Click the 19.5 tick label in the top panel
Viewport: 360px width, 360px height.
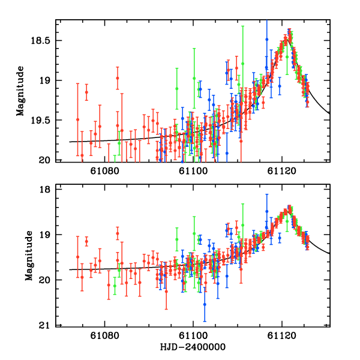44,120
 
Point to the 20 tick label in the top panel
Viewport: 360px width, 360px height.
47,160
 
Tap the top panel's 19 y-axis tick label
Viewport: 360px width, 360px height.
47,80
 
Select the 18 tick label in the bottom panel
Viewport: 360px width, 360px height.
47,190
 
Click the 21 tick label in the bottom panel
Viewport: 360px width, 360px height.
47,325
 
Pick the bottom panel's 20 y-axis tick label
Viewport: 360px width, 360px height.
47,280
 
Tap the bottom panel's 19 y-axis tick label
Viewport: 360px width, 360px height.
47,235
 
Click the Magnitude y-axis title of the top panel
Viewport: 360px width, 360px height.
20,91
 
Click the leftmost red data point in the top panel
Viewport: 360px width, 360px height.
77,119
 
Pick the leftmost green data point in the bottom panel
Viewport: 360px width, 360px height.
115,286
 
